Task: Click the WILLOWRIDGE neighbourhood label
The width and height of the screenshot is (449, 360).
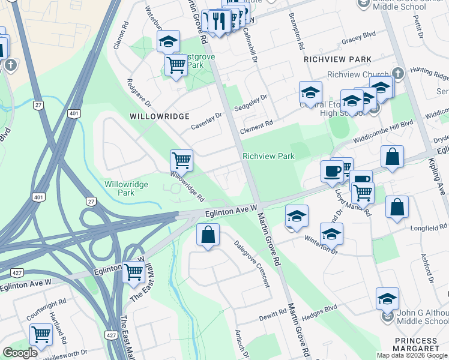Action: click(160, 116)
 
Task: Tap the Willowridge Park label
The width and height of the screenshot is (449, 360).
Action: click(126, 189)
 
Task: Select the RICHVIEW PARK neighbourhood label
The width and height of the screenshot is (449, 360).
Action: click(337, 59)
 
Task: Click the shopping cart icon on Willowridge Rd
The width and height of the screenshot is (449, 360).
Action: click(181, 161)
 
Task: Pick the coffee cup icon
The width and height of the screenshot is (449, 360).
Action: click(332, 172)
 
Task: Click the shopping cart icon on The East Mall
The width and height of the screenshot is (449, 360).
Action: click(133, 273)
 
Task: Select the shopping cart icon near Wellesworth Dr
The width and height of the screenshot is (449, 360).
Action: click(41, 334)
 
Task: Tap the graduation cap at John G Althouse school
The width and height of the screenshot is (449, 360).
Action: click(387, 299)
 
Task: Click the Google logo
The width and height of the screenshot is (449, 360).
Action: click(20, 353)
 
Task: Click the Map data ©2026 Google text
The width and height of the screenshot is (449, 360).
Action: click(412, 355)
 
